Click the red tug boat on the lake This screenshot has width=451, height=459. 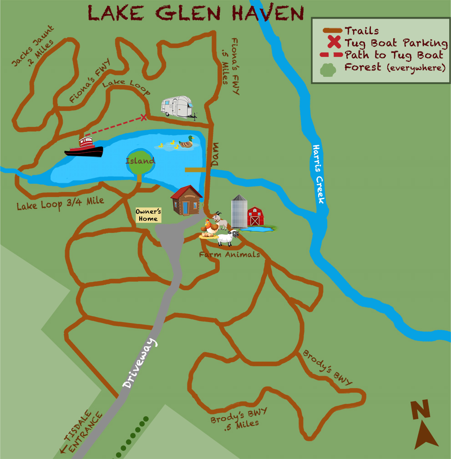84,147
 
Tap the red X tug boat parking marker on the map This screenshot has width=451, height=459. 144,118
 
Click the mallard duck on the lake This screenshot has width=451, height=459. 186,142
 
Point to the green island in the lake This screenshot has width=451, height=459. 140,162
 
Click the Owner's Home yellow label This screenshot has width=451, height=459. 148,215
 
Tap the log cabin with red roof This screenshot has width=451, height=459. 186,201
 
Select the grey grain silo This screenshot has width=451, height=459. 238,211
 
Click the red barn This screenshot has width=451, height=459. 255,217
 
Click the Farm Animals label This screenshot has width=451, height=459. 229,255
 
